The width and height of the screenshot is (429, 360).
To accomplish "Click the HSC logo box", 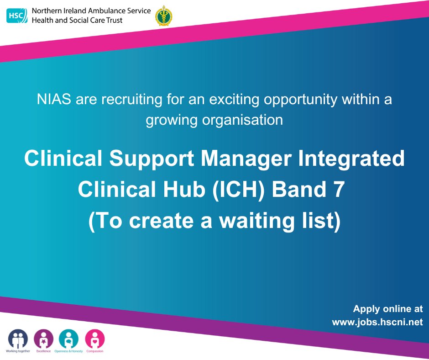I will tap(17, 16).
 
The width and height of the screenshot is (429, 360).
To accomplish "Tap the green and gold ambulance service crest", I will tap(161, 16).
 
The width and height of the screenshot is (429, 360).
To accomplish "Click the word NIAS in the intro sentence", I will tap(52, 100).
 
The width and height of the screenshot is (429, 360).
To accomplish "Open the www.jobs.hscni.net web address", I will tap(377, 322).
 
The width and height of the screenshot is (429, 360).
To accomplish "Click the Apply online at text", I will tap(388, 309).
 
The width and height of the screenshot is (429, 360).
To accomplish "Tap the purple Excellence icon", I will tap(44, 339).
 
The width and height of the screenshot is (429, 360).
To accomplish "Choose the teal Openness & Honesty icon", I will tap(68, 339).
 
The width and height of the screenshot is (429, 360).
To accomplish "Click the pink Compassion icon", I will tap(94, 339).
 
